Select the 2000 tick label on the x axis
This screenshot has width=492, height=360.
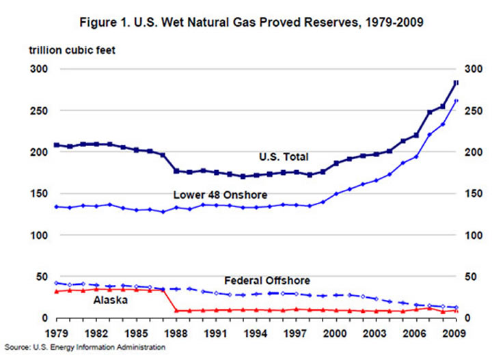[x=336, y=335]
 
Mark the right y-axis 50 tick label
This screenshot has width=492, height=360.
[x=471, y=277]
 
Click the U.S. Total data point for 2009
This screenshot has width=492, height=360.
[x=456, y=83]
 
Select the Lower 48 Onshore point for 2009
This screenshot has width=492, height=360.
[x=456, y=100]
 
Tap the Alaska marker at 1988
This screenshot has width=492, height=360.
[x=176, y=311]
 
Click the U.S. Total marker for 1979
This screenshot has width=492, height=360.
[x=56, y=145]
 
